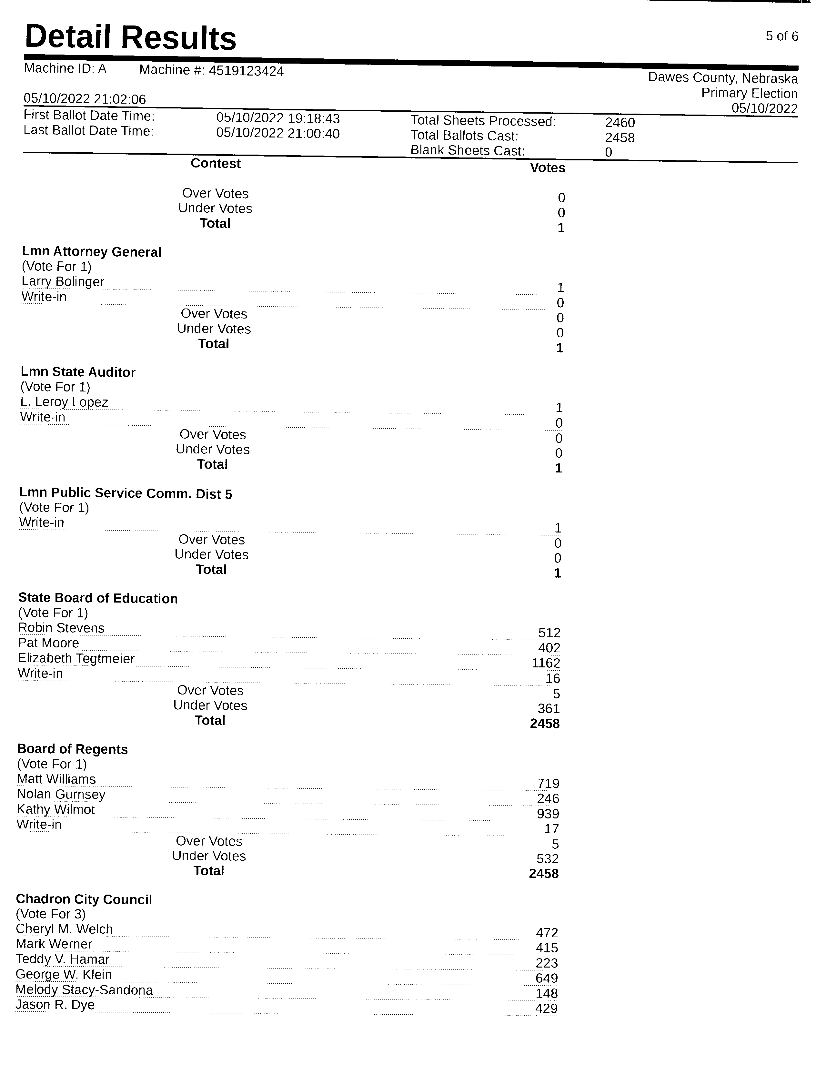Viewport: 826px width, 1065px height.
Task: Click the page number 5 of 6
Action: tap(781, 36)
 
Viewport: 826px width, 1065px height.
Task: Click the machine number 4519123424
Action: tap(246, 71)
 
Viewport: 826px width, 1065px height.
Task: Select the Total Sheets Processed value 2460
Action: tap(620, 122)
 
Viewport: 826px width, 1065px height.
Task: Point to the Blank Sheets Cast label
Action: tap(467, 151)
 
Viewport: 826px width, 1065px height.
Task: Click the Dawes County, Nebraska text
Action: tap(723, 78)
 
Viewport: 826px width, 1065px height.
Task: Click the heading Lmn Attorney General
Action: tap(92, 252)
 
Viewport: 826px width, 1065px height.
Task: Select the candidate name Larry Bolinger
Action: tap(63, 282)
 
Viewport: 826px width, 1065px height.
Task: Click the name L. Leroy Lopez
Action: tap(64, 402)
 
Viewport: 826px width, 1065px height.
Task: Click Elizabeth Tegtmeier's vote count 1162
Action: tap(546, 663)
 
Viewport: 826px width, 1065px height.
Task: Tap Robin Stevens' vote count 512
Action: tap(549, 633)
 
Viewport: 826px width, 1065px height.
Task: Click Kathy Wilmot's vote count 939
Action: tap(548, 814)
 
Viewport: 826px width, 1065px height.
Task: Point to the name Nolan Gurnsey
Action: tap(61, 794)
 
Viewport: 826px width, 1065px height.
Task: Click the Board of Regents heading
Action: tap(73, 749)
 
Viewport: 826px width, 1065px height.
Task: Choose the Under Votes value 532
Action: tap(547, 859)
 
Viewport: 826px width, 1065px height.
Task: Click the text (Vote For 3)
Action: tap(51, 914)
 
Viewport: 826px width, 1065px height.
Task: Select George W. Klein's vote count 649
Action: tap(546, 978)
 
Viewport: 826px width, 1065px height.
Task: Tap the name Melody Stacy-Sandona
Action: tap(84, 990)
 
